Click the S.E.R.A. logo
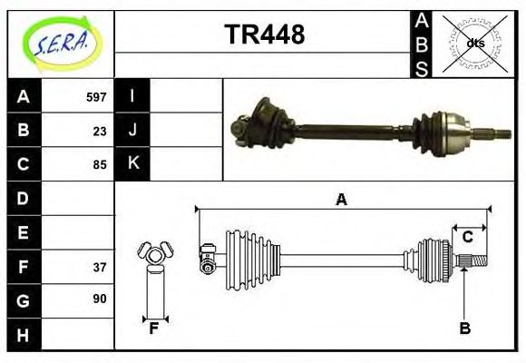[x=61, y=44]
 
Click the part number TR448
[x=264, y=35]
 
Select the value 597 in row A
[x=96, y=96]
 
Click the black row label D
[x=24, y=198]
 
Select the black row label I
[x=132, y=96]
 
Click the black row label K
[x=132, y=164]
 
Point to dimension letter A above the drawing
[x=342, y=200]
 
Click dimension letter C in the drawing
[x=468, y=237]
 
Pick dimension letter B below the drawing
[x=464, y=329]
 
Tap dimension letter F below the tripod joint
[x=155, y=329]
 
